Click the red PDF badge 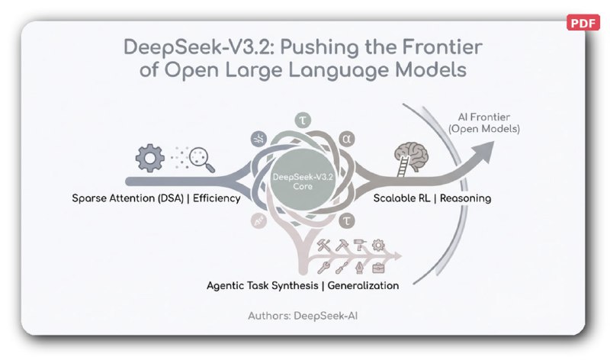583,22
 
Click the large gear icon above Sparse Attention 149,158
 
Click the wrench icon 324,268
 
